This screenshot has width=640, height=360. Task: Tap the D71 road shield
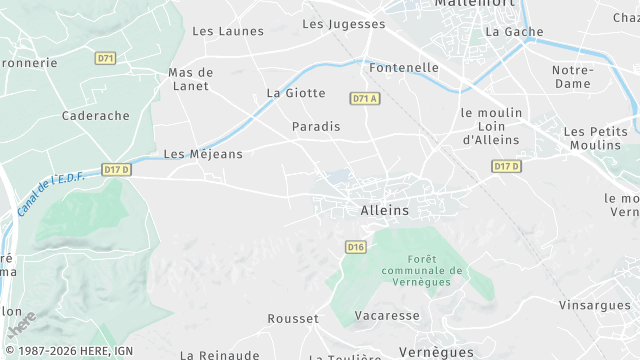point(105,58)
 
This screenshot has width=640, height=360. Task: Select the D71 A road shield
point(365,98)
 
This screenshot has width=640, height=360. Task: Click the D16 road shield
point(355,246)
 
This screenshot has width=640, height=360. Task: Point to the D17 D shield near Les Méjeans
point(117,170)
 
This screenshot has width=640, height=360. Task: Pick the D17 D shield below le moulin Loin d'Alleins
point(507,166)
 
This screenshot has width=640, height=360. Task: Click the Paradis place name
point(316,127)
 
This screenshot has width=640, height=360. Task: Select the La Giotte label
point(296,93)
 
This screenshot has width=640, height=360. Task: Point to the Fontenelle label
point(404,67)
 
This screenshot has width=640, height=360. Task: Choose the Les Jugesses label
point(343,24)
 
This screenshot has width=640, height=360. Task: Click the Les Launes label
point(228,31)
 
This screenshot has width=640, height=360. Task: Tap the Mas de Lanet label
point(189,79)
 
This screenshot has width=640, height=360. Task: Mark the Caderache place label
point(96,116)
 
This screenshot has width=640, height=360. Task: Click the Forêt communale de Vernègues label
point(423,270)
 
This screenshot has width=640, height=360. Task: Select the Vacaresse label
point(386,315)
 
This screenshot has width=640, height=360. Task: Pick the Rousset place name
point(293,319)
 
